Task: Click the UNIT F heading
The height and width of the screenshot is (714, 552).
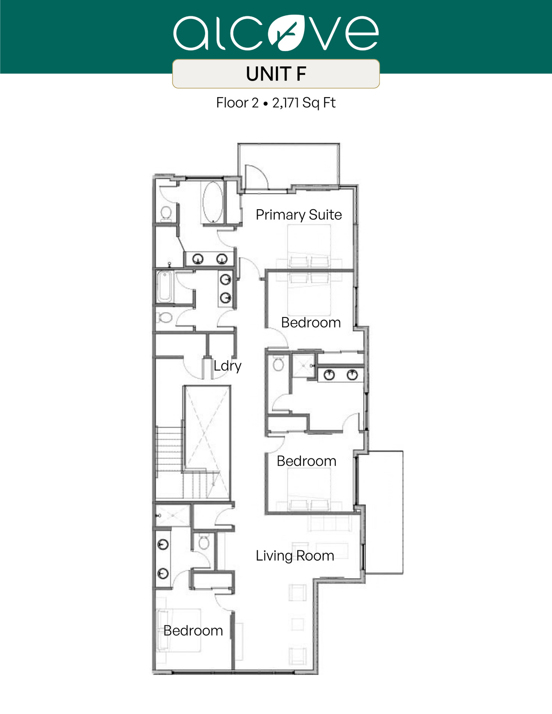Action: [276, 74]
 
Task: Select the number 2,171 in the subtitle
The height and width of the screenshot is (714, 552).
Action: [286, 103]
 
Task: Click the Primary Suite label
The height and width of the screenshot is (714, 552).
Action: [299, 215]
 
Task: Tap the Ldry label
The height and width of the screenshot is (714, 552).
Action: [227, 366]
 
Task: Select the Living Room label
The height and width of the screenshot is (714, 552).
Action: [295, 555]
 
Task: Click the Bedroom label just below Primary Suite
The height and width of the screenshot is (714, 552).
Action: [311, 323]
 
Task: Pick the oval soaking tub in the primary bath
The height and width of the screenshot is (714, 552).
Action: [213, 202]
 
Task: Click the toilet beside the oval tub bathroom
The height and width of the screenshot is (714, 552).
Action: [166, 213]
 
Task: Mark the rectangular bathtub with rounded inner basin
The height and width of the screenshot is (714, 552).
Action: [165, 287]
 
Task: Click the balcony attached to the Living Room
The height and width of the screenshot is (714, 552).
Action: [384, 511]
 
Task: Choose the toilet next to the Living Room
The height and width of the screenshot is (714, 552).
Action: [204, 542]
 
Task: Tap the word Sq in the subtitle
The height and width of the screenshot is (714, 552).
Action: [311, 103]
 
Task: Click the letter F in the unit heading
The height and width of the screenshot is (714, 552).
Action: [300, 74]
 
